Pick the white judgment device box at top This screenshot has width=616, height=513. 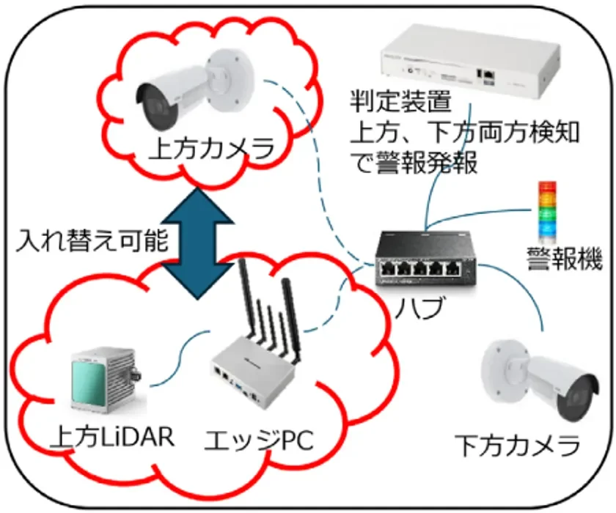pyautogui.click(x=470, y=62)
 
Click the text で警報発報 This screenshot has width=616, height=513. pyautogui.click(x=414, y=163)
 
